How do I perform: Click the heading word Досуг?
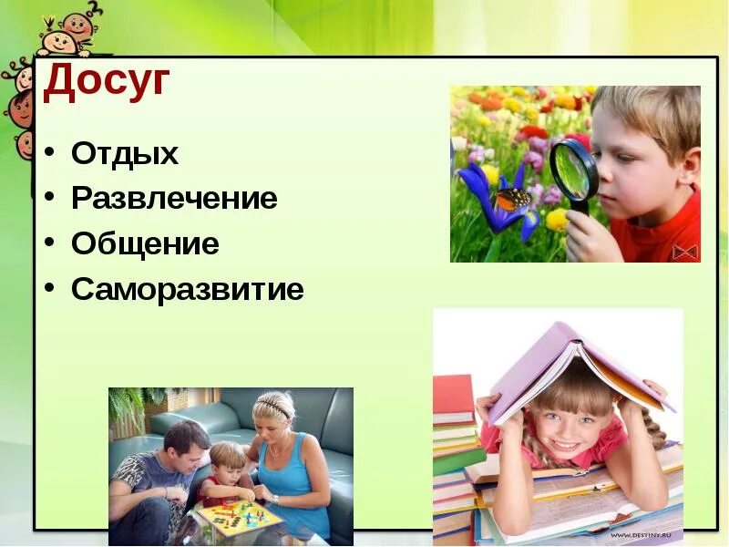click(x=107, y=82)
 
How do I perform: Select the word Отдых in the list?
click(x=124, y=153)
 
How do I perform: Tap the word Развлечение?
click(x=173, y=199)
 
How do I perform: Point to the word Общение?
click(x=145, y=244)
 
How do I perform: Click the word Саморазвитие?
click(x=187, y=290)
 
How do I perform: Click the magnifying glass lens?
click(x=573, y=169)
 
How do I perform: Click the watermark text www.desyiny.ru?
click(x=645, y=535)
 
